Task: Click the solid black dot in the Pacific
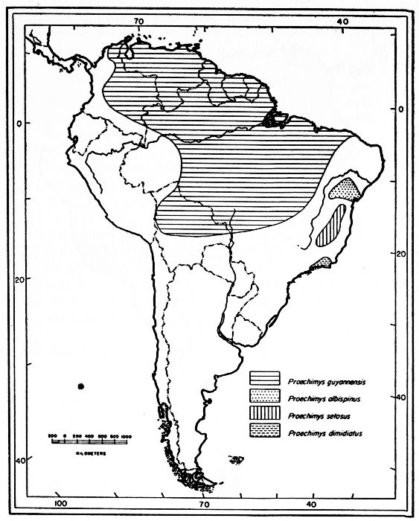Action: (81, 385)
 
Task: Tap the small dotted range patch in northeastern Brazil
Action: (347, 190)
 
